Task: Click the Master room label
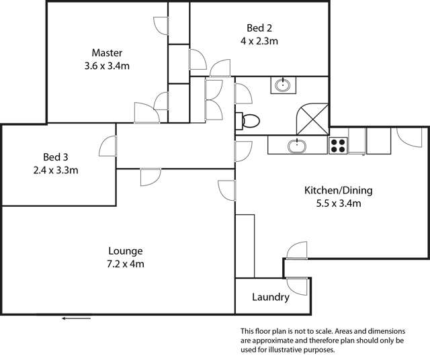click(x=107, y=52)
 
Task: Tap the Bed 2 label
click(x=259, y=28)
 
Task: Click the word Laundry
click(x=270, y=297)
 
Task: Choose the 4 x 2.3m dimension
click(x=259, y=40)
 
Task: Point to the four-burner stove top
click(x=337, y=144)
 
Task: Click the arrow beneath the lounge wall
click(x=76, y=318)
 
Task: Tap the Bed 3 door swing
click(x=109, y=146)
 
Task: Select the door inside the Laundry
click(x=297, y=287)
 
